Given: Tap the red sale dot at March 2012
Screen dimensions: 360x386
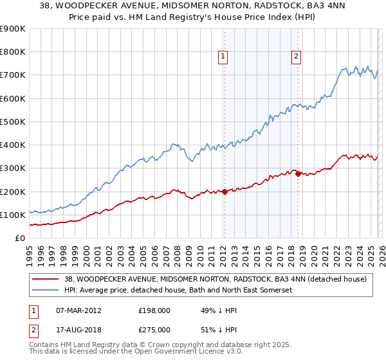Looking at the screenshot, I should pos(225,192).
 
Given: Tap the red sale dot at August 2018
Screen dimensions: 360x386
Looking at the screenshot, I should pos(299,174).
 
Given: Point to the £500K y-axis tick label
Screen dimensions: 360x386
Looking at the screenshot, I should pos(13,122).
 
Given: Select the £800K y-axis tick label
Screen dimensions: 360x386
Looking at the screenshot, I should pos(13,52).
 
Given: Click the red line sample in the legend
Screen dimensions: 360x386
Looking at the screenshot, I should pos(46,279).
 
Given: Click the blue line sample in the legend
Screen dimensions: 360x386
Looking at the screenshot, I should pos(46,291).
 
